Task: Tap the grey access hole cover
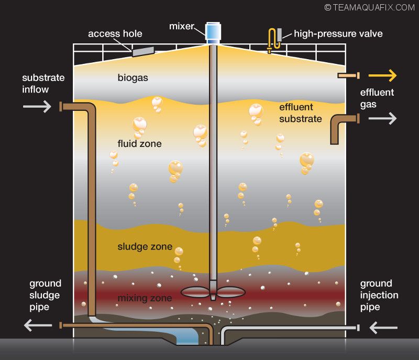click(x=143, y=51)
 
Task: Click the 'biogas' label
click(x=133, y=78)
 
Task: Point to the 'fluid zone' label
click(x=139, y=143)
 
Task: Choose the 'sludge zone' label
click(x=145, y=246)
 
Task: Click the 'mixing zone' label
click(x=145, y=298)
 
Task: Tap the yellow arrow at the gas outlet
click(x=385, y=76)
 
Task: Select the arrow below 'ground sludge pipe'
click(x=38, y=325)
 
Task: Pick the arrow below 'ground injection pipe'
click(x=383, y=328)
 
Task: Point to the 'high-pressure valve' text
click(x=338, y=34)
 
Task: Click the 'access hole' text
click(x=115, y=34)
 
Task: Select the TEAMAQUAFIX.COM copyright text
click(x=369, y=7)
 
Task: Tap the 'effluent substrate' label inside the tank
click(x=300, y=113)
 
